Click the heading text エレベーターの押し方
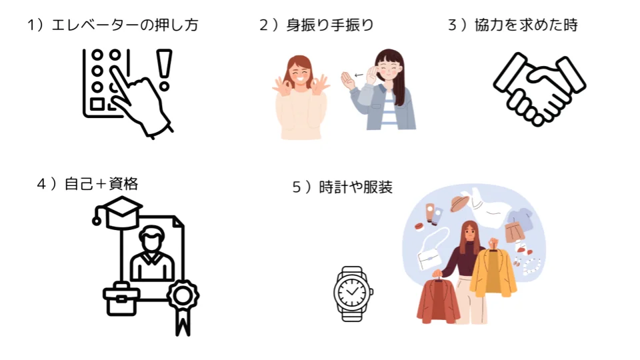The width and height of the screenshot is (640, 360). [x=125, y=25]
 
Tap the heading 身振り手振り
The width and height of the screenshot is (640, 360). [x=330, y=25]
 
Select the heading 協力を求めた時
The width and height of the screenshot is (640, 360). [x=526, y=25]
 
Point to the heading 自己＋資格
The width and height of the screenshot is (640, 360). [x=101, y=184]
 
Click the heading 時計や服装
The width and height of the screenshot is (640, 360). [x=355, y=187]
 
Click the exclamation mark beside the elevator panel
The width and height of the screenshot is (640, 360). [x=165, y=69]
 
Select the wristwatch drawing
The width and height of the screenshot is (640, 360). [x=353, y=293]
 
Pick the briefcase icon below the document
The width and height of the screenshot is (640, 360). [x=121, y=299]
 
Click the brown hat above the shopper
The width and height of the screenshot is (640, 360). [x=460, y=203]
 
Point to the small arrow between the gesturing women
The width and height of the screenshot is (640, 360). [x=359, y=75]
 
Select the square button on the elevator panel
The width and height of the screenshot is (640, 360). [x=97, y=104]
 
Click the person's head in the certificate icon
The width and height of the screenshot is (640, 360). [x=152, y=238]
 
